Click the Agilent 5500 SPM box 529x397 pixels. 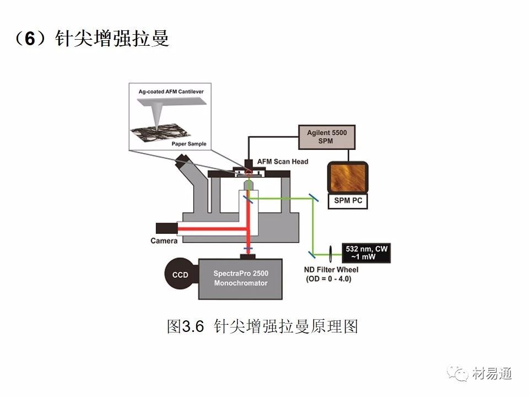point(327,137)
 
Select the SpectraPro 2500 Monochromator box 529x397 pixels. point(240,279)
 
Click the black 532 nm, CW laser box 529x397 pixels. point(366,253)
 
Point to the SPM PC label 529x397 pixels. point(348,201)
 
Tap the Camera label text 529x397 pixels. point(164,241)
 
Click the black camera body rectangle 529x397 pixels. point(166,227)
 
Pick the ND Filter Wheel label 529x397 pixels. point(331,270)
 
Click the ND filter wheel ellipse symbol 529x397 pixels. point(330,253)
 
